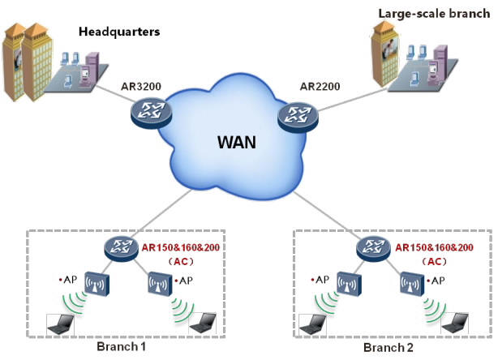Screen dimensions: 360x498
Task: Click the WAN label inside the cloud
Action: pyautogui.click(x=237, y=144)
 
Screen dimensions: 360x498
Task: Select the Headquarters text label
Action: pyautogui.click(x=119, y=32)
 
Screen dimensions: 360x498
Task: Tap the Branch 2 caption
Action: pyautogui.click(x=389, y=348)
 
